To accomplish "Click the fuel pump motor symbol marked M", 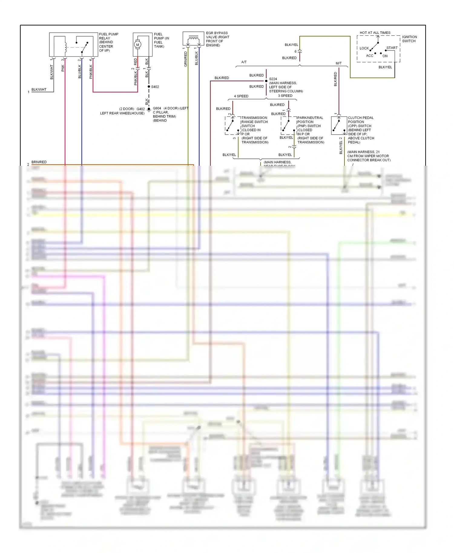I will tap(138, 45).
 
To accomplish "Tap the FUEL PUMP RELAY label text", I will tap(108, 36).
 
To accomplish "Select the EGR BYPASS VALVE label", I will tap(217, 35).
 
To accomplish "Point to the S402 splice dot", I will tap(149, 87).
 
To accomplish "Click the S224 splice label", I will tap(273, 79).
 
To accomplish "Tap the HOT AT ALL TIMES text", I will tap(375, 33).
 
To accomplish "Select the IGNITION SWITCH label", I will tap(409, 39).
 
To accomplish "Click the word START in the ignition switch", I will tap(392, 48).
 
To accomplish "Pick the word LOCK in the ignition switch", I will tap(364, 48).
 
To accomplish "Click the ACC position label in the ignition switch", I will tap(370, 56).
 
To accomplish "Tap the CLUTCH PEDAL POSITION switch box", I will tap(339, 125).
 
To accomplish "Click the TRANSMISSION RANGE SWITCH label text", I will tap(254, 122).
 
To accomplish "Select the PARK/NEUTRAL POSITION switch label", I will tap(310, 120).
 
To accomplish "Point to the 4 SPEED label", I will tap(241, 96).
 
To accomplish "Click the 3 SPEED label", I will tap(285, 96).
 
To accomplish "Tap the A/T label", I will tap(244, 62).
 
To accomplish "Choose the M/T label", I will tap(339, 63).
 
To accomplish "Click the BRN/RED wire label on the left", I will tap(39, 162).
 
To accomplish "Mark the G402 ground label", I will tap(140, 109).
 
